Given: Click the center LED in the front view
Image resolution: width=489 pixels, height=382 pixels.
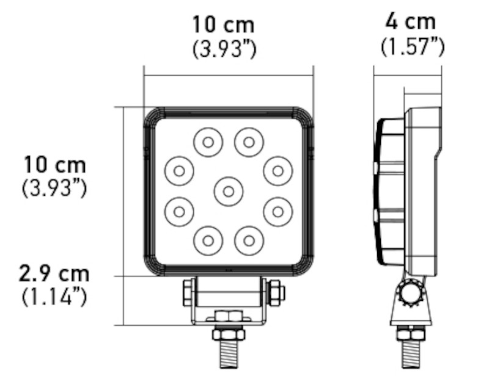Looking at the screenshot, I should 228,191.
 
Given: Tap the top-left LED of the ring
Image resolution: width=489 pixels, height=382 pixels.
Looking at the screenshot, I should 208,142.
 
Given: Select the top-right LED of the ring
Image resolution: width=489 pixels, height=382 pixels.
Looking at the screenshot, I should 248,142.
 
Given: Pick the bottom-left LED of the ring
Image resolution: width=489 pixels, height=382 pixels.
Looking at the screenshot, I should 208,240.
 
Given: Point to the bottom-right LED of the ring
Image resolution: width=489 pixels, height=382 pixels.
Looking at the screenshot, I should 248,240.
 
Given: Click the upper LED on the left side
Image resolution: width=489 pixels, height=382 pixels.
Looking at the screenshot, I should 178,171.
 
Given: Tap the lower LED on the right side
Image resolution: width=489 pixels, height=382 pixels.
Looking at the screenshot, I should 278,211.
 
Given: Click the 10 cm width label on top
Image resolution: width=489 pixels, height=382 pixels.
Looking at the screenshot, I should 223,26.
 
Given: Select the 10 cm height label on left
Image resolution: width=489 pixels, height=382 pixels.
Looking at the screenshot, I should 55,165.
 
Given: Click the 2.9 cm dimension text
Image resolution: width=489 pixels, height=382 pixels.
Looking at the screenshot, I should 54,273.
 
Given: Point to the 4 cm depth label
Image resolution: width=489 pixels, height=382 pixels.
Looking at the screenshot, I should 411,22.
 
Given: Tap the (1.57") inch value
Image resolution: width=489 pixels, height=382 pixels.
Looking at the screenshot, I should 412,46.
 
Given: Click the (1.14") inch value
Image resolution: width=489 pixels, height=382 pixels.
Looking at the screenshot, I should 54,297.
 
